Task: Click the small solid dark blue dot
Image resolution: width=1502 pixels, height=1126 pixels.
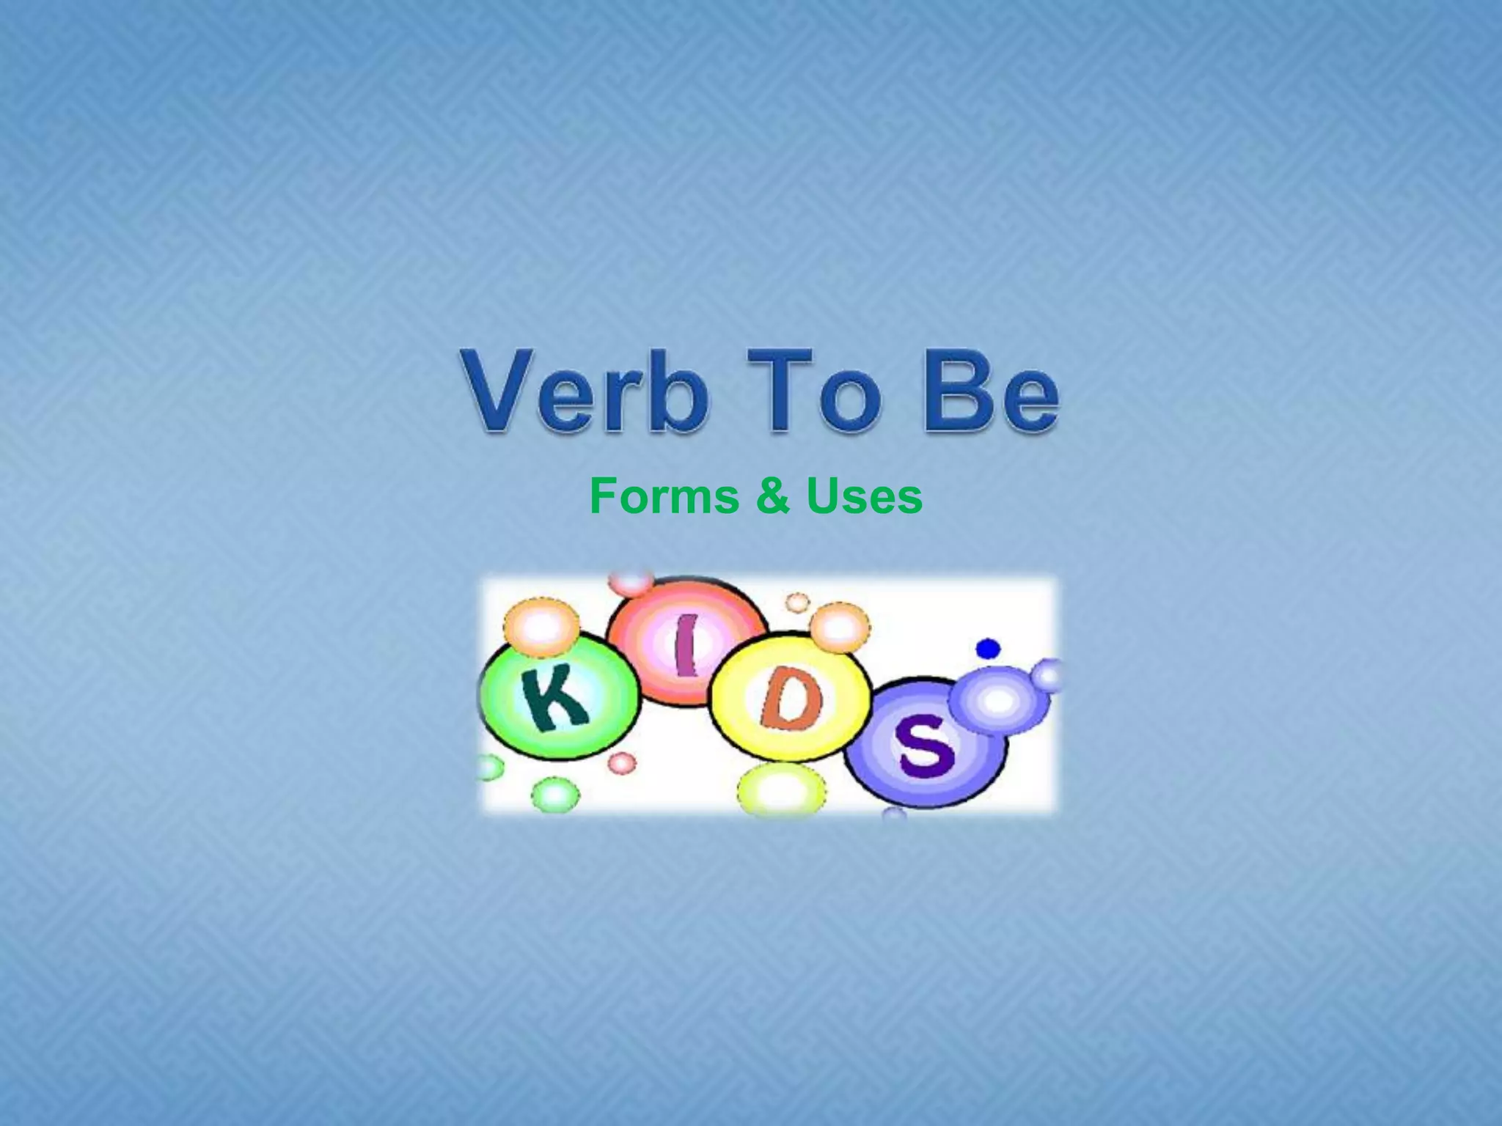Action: click(x=989, y=648)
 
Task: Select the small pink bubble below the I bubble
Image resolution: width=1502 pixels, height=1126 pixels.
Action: click(x=622, y=762)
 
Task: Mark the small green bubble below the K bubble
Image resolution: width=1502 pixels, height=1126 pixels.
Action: click(x=554, y=795)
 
